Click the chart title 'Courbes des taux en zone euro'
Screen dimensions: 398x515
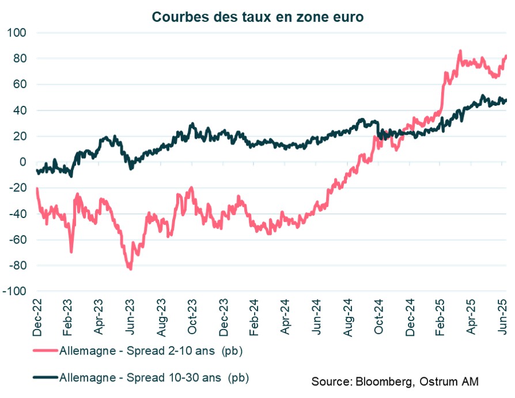(x=257, y=17)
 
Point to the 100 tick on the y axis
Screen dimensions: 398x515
(x=18, y=33)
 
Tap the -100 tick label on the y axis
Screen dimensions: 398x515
(x=16, y=292)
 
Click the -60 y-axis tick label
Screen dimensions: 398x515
(x=18, y=240)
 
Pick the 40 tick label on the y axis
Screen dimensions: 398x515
(x=21, y=110)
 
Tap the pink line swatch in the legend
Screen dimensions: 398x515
(x=45, y=350)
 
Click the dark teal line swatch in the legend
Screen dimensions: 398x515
(x=45, y=377)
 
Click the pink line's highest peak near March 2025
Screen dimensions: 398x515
(x=460, y=51)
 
